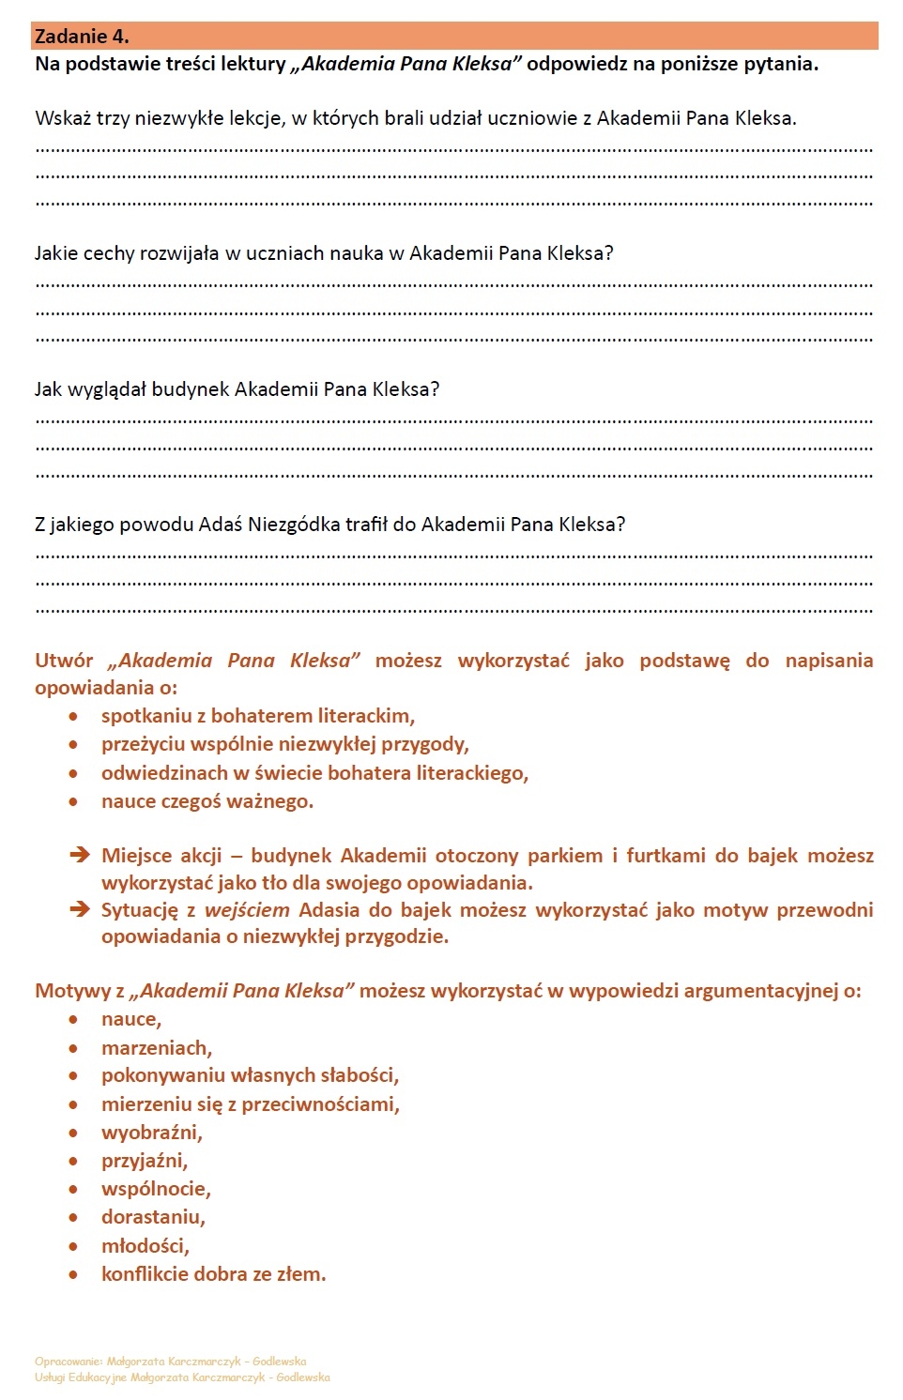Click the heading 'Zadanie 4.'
[x=82, y=37]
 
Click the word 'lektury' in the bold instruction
[x=253, y=64]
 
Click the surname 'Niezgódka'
[x=294, y=525]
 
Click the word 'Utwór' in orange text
[x=64, y=661]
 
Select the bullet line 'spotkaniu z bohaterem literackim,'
[x=258, y=716]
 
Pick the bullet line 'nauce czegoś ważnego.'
[x=207, y=801]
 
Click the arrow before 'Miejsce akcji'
[x=80, y=855]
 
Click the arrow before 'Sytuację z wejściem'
[x=80, y=909]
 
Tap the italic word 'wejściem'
[x=247, y=910]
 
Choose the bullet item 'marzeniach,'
[x=157, y=1048]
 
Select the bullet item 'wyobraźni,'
[x=152, y=1133]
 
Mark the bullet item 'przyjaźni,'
[x=145, y=1161]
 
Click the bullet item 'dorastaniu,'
[x=153, y=1217]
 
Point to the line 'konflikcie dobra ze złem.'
[x=214, y=1274]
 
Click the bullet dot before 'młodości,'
[x=73, y=1246]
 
